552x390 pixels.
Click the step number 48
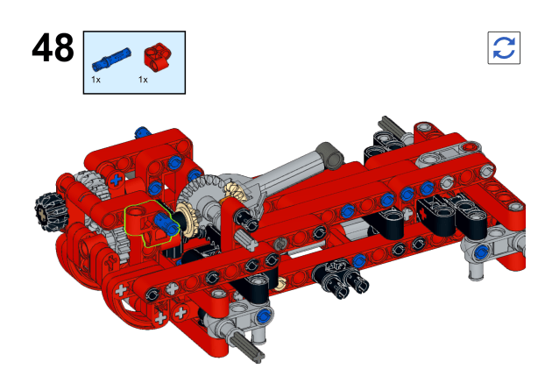point(53,47)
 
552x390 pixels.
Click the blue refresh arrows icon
point(504,48)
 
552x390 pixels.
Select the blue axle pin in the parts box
point(111,60)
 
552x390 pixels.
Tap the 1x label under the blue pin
point(96,80)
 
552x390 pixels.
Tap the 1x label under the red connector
point(143,80)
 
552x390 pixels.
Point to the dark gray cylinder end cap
point(329,154)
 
